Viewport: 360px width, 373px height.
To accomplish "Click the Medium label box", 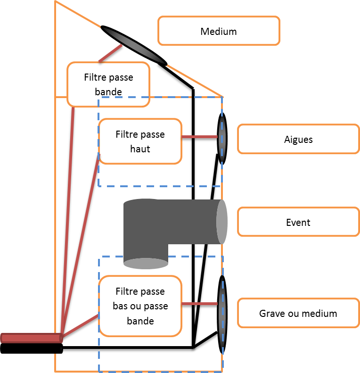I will tap(219, 31).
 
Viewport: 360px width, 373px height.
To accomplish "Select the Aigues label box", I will tap(298, 139).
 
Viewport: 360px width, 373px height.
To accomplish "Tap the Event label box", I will tap(298, 222).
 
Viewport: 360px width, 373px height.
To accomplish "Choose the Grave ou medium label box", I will tap(298, 313).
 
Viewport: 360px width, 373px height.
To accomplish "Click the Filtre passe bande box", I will tap(108, 84).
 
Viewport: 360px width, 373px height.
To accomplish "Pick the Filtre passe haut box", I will tap(140, 141).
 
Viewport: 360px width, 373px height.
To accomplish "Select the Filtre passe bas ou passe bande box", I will tap(140, 306).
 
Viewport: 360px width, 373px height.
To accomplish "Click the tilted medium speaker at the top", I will tap(134, 44).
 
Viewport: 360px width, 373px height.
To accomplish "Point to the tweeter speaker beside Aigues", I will tap(222, 138).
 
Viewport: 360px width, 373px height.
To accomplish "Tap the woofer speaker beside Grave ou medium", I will tap(222, 314).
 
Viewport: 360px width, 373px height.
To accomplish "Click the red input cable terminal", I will tap(31, 338).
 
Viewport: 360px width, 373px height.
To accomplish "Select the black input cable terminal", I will tap(31, 348).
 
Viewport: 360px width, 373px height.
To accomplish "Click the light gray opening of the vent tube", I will tap(222, 222).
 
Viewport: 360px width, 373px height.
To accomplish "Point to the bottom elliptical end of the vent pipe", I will tap(146, 263).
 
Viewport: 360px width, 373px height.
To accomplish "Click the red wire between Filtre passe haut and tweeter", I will tap(199, 137).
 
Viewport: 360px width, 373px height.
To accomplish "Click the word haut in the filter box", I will tap(140, 149).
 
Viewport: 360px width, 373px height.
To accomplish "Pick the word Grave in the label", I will tap(272, 313).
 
